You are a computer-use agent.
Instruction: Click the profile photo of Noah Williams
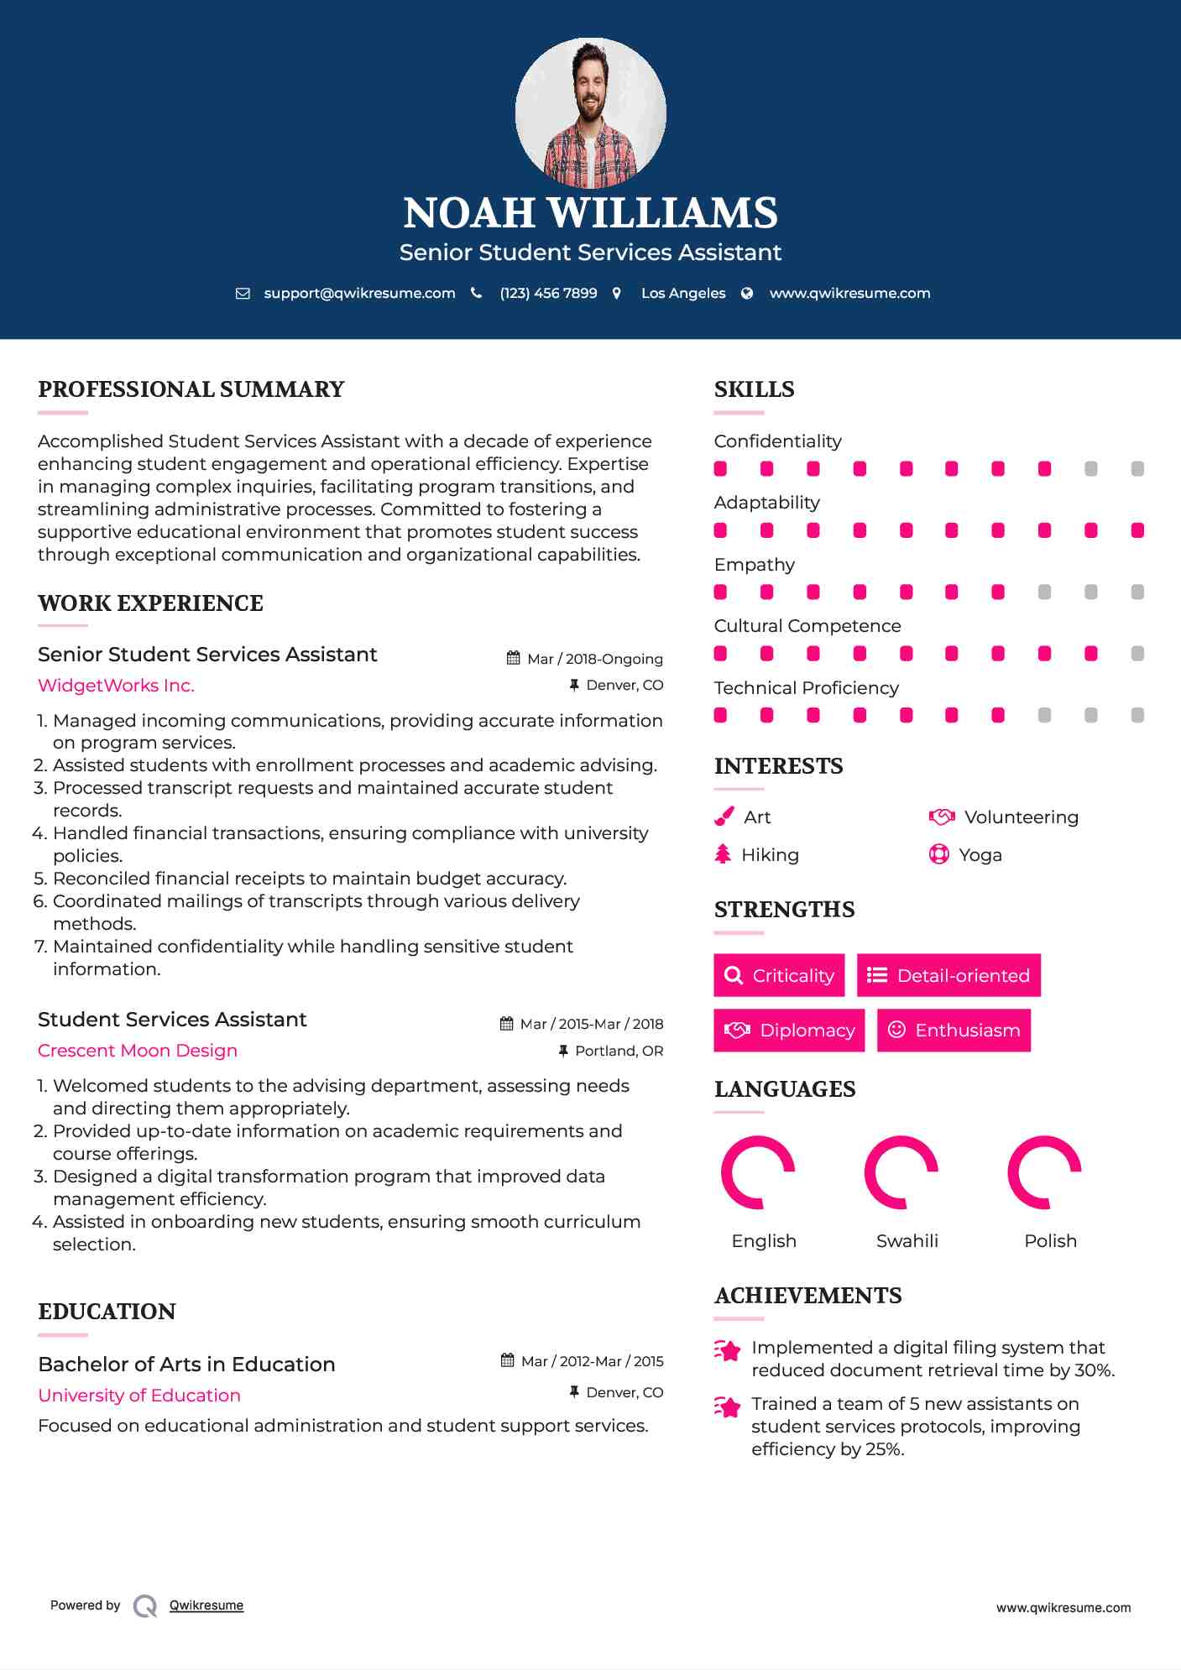coord(590,112)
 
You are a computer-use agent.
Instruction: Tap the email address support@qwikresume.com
coord(359,293)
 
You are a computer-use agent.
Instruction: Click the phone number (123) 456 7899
coord(548,293)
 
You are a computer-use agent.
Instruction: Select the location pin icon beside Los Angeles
coord(617,293)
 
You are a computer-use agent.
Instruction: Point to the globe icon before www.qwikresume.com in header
coord(747,293)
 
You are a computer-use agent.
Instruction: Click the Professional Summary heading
coord(191,389)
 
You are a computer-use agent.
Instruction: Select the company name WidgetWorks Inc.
coord(116,686)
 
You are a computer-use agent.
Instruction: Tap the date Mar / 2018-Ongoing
coord(594,659)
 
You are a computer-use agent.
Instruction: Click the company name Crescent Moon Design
coord(138,1051)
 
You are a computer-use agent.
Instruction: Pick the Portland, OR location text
coord(619,1051)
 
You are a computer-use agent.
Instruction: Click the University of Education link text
coord(139,1396)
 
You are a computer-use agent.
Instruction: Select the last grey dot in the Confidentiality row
coord(1137,469)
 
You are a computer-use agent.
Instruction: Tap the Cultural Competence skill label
coord(807,626)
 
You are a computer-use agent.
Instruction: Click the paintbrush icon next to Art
coord(724,817)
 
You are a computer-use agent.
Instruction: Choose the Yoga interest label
coord(980,855)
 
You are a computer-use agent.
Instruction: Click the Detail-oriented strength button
coord(948,975)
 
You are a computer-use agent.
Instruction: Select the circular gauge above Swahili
coord(901,1172)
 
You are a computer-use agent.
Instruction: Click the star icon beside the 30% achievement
coord(728,1351)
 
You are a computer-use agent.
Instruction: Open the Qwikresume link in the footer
coord(206,1605)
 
